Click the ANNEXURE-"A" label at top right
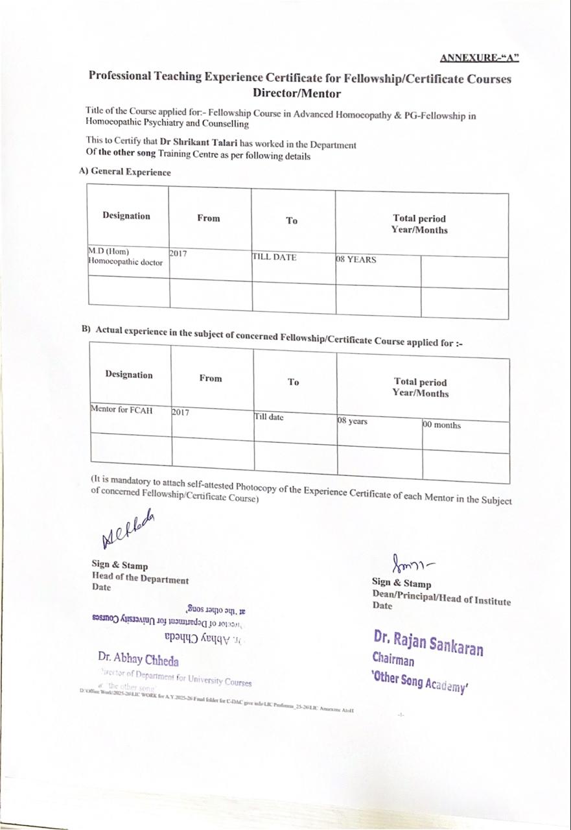click(479, 58)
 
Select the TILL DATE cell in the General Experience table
click(274, 257)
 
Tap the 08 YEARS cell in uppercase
click(356, 260)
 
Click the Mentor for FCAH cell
click(122, 410)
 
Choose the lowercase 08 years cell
click(353, 421)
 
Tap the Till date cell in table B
click(269, 417)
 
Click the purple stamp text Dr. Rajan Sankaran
click(428, 641)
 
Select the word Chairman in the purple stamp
click(393, 659)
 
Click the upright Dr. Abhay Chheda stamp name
click(138, 660)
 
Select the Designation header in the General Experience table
click(126, 216)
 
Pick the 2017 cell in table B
click(181, 412)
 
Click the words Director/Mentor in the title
click(296, 93)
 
